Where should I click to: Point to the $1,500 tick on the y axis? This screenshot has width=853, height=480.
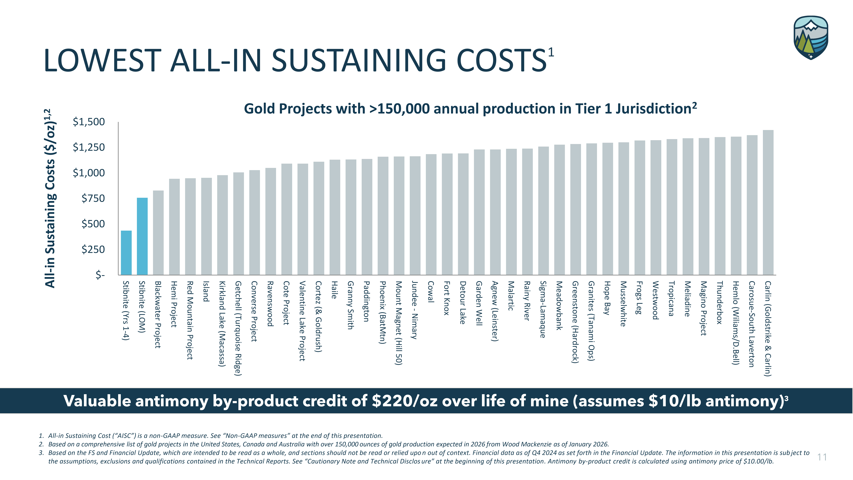coord(89,122)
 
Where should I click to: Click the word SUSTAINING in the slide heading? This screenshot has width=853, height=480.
coord(359,61)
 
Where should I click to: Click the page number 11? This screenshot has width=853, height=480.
coord(822,457)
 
